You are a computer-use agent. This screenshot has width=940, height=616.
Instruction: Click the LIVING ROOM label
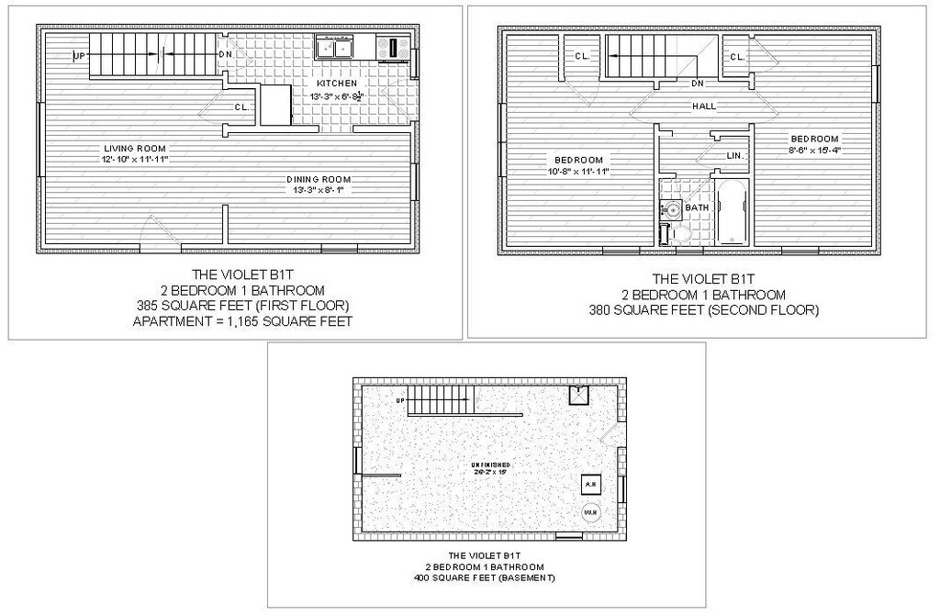pos(135,148)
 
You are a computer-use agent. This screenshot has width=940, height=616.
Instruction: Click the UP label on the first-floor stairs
pos(79,56)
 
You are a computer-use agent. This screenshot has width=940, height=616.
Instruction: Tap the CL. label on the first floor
pos(241,107)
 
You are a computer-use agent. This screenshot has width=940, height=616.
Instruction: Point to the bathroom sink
pos(671,208)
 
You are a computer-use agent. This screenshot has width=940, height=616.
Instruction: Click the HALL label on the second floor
pos(704,106)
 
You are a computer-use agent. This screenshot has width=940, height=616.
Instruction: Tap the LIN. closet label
pos(733,155)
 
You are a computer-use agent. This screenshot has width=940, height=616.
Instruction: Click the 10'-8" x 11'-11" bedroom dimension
pos(579,171)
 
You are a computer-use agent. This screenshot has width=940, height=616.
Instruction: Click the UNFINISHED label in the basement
pos(491,465)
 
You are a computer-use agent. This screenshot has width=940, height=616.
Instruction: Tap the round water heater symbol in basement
pos(591,511)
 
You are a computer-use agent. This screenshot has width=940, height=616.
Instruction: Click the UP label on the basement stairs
pos(400,401)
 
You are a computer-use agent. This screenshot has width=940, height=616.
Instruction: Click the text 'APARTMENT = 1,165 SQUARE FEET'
pos(243,321)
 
